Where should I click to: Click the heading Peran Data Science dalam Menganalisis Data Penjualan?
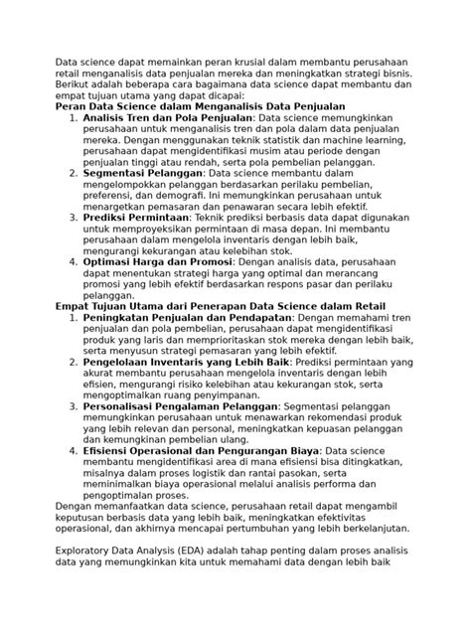click(199, 104)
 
